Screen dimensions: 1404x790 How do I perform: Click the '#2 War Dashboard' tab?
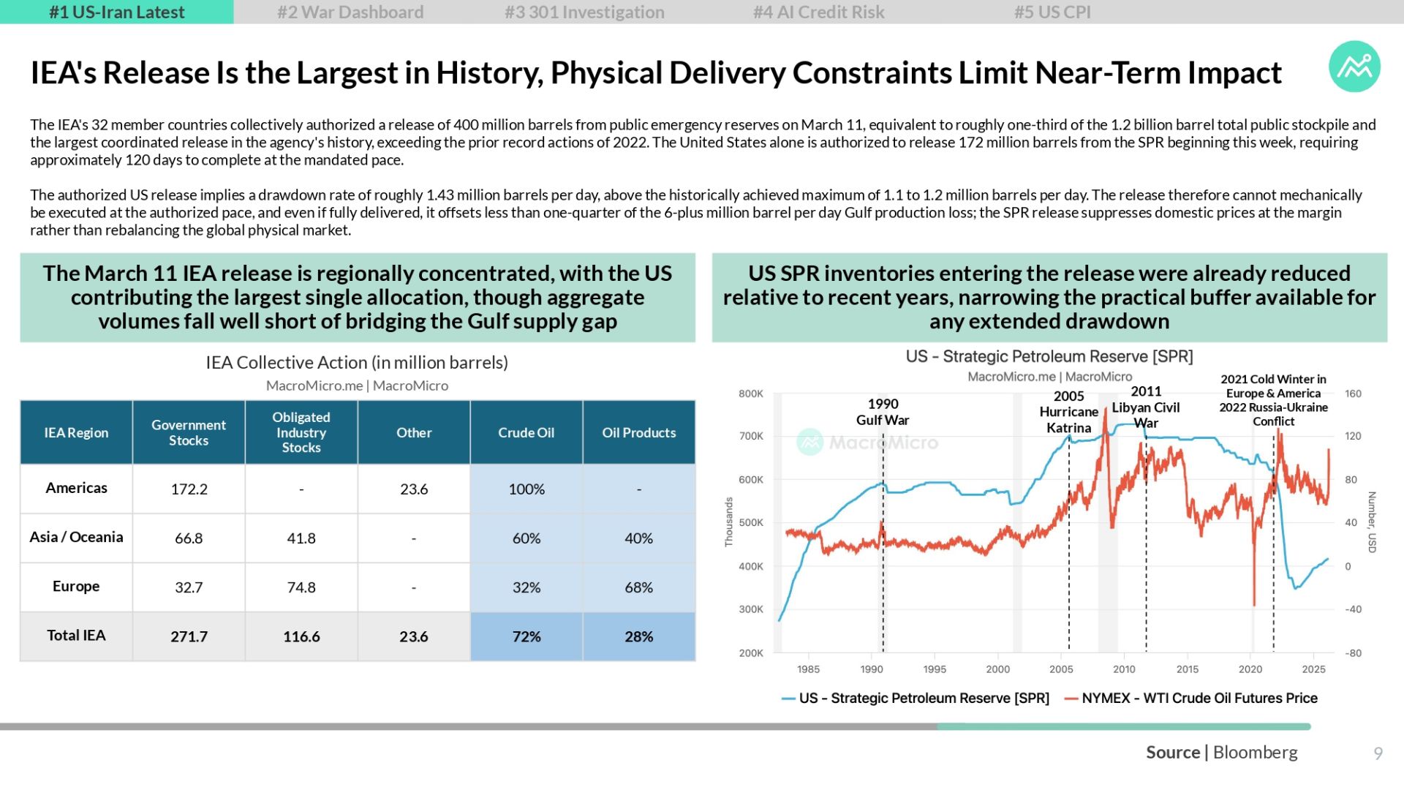coord(350,12)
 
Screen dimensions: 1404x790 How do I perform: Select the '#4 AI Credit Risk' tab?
coord(818,12)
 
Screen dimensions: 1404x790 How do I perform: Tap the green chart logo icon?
coord(1354,67)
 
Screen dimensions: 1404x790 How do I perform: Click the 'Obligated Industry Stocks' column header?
coord(301,432)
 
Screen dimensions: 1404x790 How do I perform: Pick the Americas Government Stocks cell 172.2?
coord(189,489)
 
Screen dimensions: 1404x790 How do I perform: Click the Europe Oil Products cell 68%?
coord(638,587)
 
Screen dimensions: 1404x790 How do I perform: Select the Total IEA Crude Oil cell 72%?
coord(526,636)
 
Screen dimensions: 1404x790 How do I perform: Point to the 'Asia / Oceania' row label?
coord(76,537)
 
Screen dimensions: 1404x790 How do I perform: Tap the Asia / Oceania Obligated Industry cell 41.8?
coord(301,538)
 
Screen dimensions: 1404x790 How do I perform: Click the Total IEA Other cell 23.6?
coord(414,636)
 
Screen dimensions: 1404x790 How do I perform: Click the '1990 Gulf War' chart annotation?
coord(883,412)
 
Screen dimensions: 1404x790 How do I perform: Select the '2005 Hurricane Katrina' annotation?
coord(1068,412)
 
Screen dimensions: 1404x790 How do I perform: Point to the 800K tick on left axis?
coord(751,394)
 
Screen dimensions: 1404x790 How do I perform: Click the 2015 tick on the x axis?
coord(1188,669)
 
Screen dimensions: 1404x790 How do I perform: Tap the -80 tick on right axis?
coord(1354,653)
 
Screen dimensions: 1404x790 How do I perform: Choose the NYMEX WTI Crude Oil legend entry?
coord(1191,699)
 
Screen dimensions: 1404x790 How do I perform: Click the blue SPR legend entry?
coord(916,699)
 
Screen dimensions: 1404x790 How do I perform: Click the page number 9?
coord(1378,753)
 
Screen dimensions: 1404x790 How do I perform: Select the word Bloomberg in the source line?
coord(1255,752)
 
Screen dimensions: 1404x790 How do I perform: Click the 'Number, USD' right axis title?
coord(1372,522)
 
